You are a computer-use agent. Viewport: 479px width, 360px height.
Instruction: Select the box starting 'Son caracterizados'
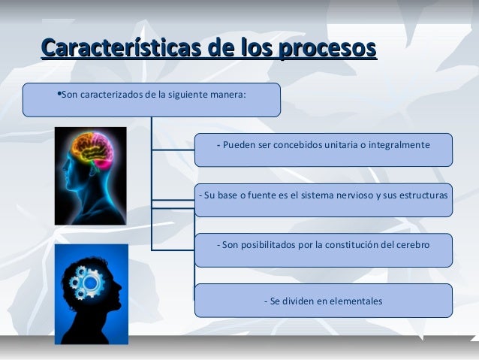point(151,99)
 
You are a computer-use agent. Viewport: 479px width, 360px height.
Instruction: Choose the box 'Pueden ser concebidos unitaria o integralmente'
point(323,150)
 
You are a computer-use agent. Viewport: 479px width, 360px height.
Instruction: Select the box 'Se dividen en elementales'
point(323,301)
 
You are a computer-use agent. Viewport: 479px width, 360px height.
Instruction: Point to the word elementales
point(354,301)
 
